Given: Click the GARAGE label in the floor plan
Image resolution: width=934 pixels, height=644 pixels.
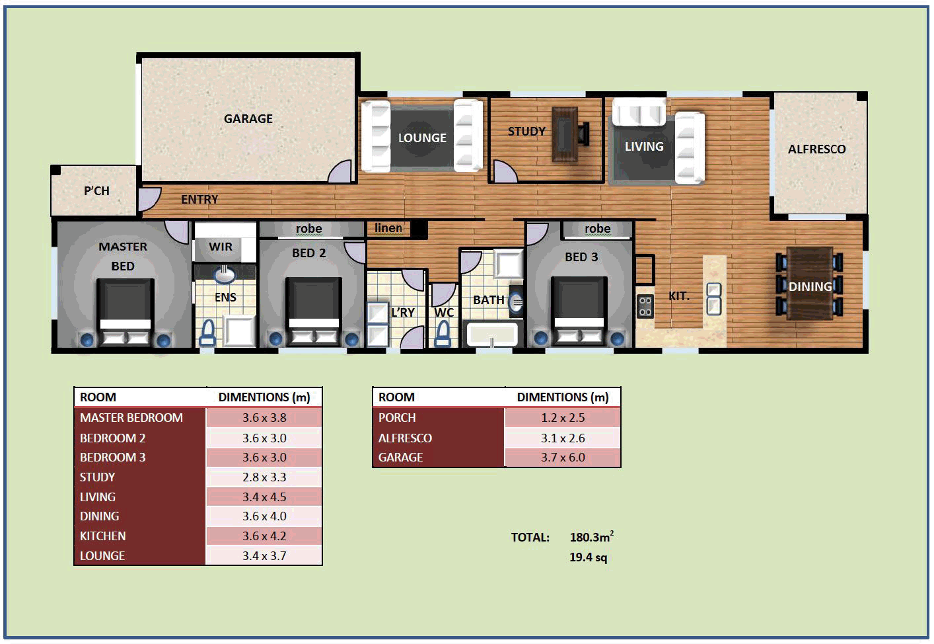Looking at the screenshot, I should coord(248,119).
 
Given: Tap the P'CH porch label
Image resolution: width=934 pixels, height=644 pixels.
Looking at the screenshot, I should coord(96,191).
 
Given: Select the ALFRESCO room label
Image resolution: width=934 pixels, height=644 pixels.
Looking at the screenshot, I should coord(816,149).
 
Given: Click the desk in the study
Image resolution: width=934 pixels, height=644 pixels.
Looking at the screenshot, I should coord(565,134).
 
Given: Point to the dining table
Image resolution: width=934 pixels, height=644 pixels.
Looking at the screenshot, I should coord(809,283).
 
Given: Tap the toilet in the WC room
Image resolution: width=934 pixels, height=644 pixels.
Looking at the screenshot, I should coord(443,334).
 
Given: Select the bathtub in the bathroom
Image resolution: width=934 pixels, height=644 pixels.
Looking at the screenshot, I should coord(492,334).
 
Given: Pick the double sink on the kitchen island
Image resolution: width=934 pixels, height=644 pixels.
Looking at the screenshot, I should coord(714,298).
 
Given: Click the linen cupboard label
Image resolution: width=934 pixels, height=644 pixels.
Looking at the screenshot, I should coord(388,228).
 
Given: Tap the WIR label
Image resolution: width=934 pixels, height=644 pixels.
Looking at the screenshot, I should coord(220,247).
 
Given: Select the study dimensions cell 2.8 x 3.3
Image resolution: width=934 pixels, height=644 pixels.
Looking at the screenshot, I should coord(264,477).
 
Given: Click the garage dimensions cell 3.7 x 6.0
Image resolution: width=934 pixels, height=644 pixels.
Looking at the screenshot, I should coord(563,458).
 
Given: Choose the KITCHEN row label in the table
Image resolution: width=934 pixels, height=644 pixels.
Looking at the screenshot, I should coord(103,536).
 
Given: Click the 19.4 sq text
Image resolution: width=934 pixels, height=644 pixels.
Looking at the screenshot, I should coord(588,557).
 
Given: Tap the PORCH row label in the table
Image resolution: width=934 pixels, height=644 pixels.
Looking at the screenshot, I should coord(397,418).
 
